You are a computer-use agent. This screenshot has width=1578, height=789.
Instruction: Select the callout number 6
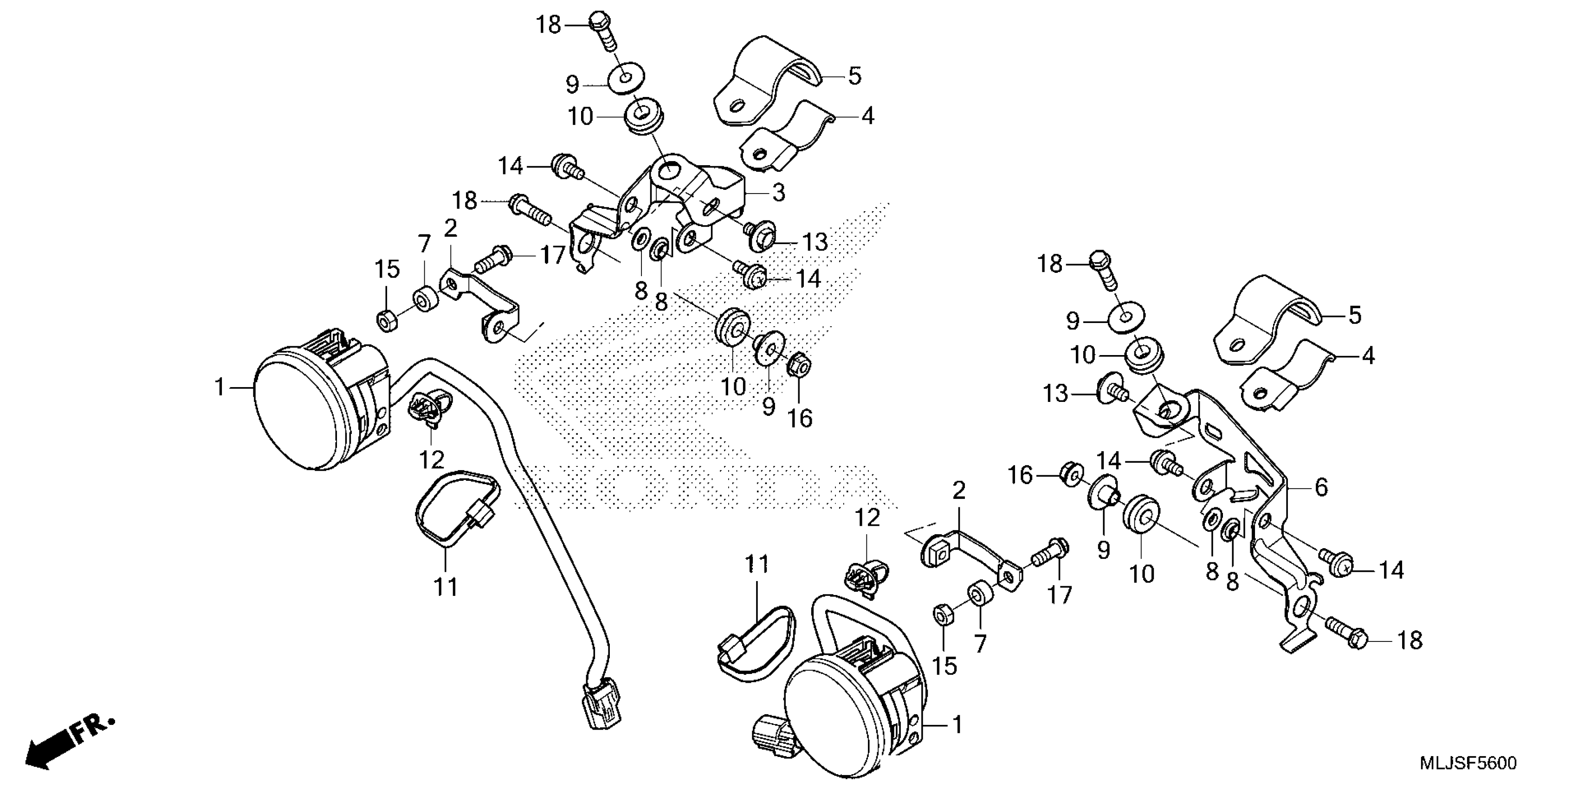point(1321,488)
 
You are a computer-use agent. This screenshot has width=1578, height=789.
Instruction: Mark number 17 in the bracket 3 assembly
point(553,255)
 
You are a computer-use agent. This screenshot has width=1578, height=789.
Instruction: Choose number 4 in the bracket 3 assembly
point(867,116)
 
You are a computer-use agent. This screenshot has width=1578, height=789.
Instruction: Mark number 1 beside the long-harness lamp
point(220,387)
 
